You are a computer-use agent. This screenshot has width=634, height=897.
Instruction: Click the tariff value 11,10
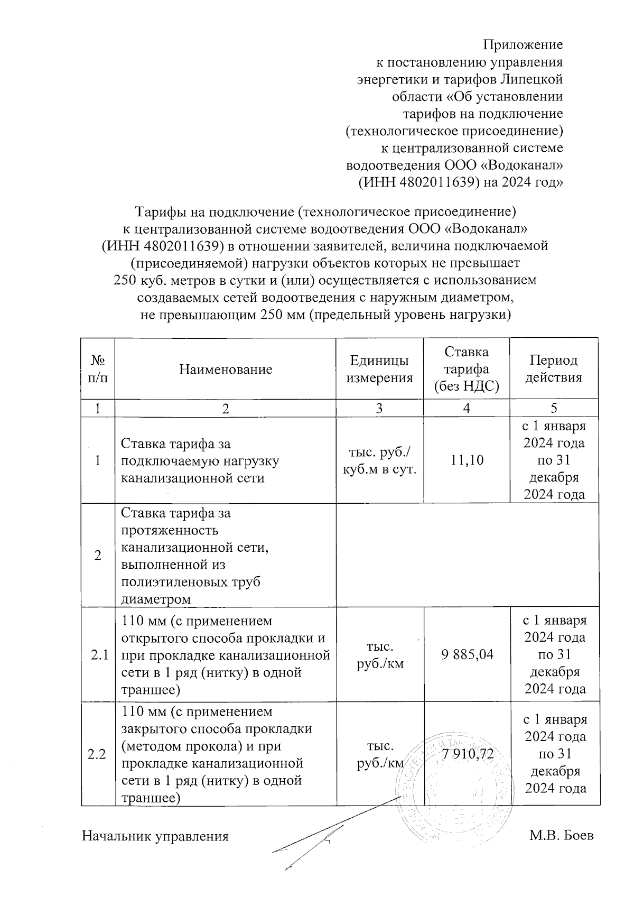466,460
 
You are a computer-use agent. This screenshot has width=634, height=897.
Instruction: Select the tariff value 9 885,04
467,654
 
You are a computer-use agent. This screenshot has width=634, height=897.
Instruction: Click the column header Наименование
226,369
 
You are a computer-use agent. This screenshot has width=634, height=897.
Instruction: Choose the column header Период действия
554,369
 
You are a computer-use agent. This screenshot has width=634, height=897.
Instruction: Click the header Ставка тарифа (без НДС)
466,369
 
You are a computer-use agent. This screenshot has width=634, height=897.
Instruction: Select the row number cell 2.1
98,655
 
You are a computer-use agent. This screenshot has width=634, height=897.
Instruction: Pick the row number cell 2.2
98,754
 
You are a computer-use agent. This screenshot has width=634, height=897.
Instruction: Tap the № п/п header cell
98,369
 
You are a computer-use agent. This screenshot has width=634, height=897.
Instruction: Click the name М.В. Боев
562,836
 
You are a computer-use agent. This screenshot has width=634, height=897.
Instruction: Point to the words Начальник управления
155,836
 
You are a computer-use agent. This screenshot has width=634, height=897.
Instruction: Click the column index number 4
466,408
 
